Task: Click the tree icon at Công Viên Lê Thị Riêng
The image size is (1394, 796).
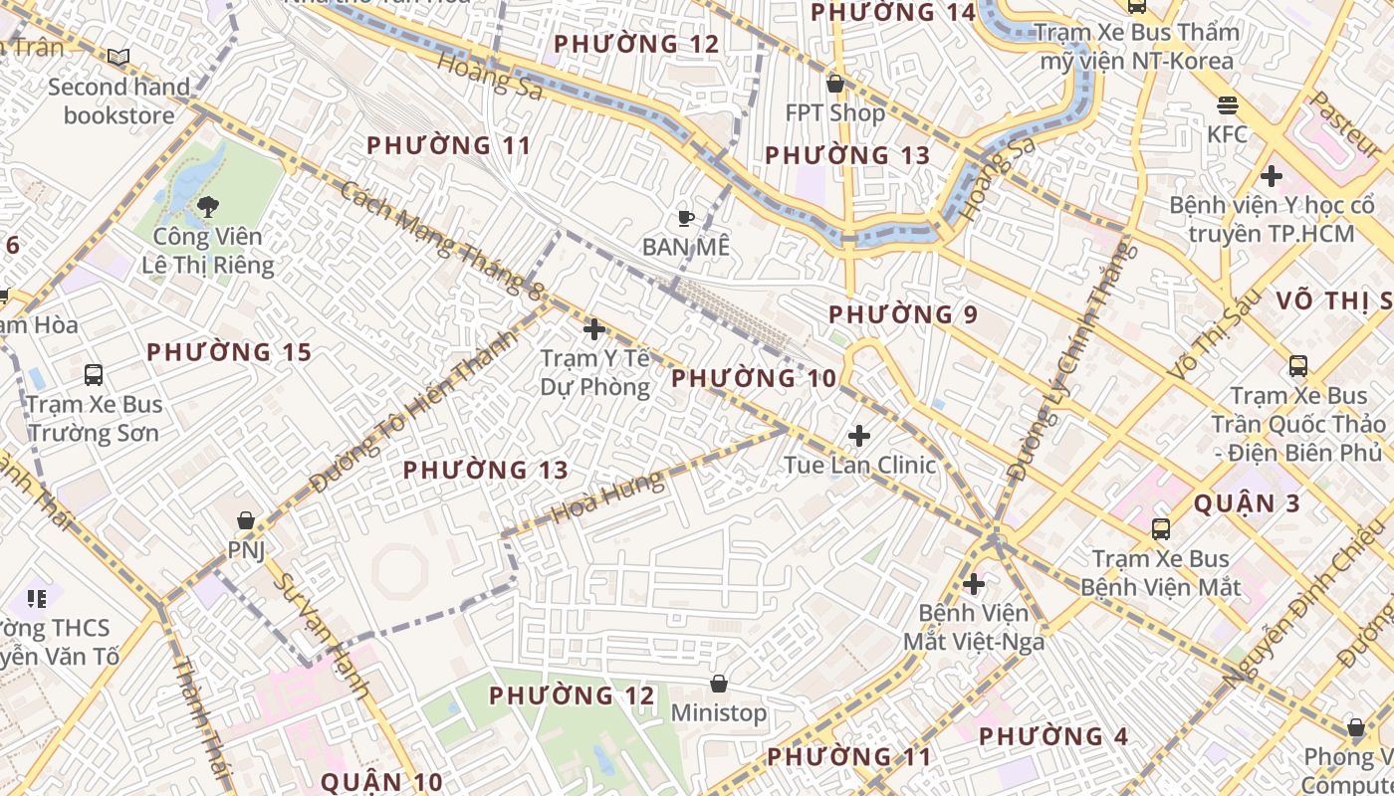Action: coord(208,207)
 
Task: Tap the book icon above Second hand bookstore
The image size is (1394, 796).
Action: coord(118,58)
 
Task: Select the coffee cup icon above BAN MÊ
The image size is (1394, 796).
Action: coord(685,218)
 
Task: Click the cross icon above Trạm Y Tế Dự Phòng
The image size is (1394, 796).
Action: coord(594,328)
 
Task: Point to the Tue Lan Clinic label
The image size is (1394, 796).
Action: coord(860,465)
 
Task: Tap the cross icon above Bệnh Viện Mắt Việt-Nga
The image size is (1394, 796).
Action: coord(974,584)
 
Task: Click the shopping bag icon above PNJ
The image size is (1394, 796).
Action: coord(246,520)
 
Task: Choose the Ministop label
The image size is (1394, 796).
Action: coord(719,712)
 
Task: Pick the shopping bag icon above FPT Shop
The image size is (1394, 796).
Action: coord(835,84)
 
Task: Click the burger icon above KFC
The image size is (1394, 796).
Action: coord(1227,104)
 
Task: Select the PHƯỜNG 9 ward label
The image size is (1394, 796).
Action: coord(903,314)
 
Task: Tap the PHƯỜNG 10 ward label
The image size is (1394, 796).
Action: coord(754,378)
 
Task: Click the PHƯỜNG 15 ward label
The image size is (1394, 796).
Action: coord(229,352)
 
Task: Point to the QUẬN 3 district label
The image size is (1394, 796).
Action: coord(1247,503)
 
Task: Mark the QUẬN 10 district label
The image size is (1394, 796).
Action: coord(381,781)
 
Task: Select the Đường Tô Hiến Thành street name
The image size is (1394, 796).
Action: coord(414,411)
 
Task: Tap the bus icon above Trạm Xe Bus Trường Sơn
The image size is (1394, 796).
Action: coord(94,375)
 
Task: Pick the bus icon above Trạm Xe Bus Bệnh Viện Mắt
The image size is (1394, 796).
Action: coord(1161,528)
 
